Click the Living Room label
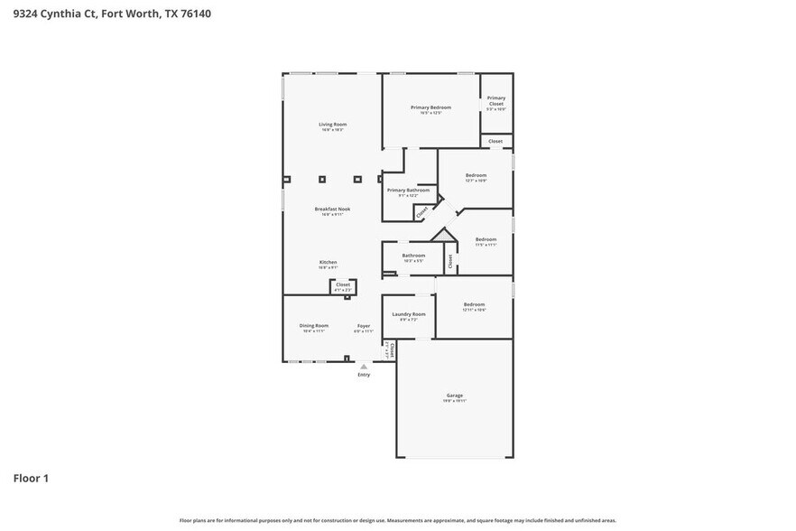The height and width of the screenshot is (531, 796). pos(332,124)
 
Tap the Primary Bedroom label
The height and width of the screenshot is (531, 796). pos(430,107)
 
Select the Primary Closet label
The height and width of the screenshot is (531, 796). pos(495,100)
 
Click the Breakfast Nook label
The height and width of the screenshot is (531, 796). pos(332,209)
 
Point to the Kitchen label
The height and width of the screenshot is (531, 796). pos(328,262)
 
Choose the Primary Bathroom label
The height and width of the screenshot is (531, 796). pos(408,190)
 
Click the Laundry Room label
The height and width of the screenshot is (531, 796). pos(408,314)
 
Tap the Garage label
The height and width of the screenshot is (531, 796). pos(454,396)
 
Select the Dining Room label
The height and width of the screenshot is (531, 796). pos(314,325)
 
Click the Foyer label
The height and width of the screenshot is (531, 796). pos(364,325)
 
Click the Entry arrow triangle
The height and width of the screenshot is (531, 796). pos(364,367)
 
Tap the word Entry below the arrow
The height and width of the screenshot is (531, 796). pos(364,375)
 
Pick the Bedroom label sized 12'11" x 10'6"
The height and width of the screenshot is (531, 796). pos(475,305)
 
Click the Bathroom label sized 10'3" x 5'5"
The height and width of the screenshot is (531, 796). pos(413,256)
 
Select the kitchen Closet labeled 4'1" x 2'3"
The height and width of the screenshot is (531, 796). pos(343,285)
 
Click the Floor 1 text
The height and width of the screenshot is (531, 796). pos(30,478)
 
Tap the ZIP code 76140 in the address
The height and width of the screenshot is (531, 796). pos(195,14)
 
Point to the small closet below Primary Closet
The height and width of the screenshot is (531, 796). pos(495,141)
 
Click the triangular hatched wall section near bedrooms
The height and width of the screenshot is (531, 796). pos(441,235)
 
